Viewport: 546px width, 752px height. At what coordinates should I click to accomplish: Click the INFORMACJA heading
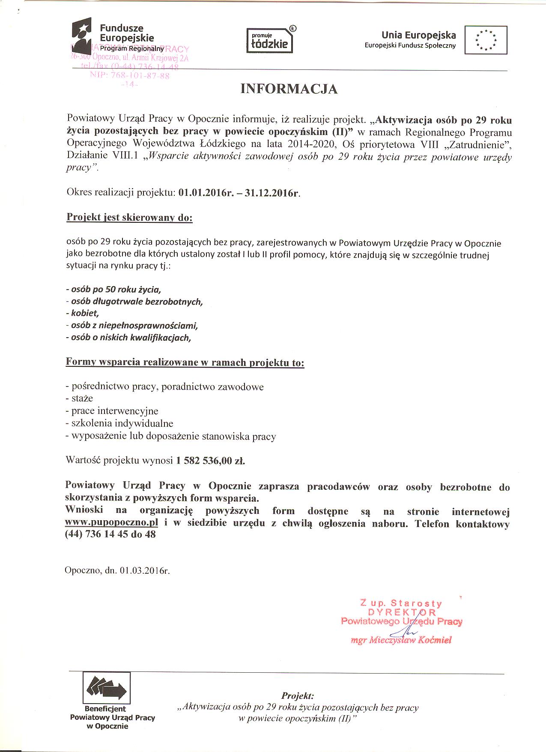[289, 89]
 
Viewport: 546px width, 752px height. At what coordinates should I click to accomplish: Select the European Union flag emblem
[486, 40]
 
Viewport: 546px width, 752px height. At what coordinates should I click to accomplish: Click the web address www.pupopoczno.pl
[112, 523]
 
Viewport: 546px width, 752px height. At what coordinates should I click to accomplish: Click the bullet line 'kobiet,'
[83, 313]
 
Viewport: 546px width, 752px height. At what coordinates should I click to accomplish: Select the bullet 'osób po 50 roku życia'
[113, 289]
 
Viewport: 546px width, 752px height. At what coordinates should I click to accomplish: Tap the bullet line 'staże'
[79, 398]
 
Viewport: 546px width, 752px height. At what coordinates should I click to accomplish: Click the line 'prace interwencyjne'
[112, 411]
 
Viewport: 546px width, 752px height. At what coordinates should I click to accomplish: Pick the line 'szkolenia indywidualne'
[119, 423]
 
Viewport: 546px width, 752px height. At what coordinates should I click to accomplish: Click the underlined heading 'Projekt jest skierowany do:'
[129, 217]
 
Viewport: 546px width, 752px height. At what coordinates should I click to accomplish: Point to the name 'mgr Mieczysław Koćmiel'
[401, 641]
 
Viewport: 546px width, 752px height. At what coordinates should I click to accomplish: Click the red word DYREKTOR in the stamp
[402, 612]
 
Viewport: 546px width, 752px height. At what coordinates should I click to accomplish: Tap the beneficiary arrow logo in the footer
[107, 688]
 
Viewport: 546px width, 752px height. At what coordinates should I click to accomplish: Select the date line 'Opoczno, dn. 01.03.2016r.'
[117, 570]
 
